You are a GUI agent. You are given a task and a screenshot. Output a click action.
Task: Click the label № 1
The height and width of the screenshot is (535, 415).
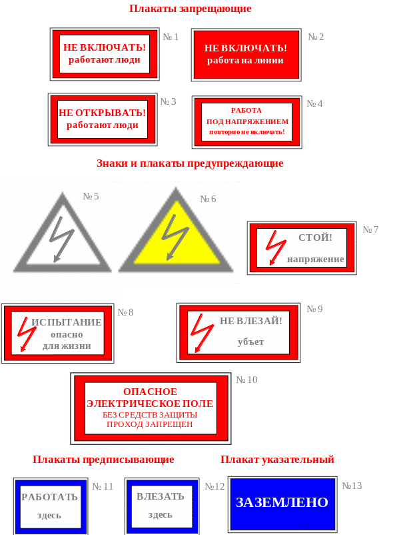[171, 37]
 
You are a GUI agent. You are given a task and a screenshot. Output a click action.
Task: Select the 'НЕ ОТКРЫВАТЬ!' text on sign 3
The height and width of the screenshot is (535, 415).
[102, 113]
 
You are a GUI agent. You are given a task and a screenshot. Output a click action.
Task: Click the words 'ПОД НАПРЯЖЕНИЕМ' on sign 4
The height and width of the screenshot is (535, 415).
[247, 121]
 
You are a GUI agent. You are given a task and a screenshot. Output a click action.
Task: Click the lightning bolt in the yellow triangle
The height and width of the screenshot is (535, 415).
[175, 236]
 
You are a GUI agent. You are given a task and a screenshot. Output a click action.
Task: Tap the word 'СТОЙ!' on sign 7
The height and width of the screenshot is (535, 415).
[315, 237]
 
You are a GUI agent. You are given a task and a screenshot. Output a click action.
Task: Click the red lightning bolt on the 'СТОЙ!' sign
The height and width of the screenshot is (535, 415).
[275, 247]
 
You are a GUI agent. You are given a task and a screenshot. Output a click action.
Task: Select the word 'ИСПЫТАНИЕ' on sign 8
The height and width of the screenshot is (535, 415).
[67, 322]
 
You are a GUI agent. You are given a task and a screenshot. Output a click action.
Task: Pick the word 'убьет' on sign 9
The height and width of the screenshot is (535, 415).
[250, 342]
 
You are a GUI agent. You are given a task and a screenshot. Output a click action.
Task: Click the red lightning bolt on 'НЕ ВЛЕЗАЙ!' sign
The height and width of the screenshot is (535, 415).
[201, 332]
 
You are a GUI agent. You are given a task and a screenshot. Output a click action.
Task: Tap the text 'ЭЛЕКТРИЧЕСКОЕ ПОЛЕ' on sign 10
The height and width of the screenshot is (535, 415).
[150, 404]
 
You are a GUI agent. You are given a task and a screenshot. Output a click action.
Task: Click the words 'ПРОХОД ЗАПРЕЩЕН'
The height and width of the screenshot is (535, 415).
[150, 424]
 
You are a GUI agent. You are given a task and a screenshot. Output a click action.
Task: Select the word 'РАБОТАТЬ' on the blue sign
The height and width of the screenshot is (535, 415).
[50, 497]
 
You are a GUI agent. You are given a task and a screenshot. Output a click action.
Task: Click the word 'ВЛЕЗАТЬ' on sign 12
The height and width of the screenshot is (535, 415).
[161, 496]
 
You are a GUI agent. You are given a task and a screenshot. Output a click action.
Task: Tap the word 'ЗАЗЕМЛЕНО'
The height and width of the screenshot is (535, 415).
[282, 502]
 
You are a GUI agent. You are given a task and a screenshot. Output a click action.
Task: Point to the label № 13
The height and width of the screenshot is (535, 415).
[352, 486]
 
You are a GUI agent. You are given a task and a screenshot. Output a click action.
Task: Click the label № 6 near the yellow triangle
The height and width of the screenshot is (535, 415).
[208, 199]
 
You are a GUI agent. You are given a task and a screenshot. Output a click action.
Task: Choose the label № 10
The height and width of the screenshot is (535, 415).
[246, 380]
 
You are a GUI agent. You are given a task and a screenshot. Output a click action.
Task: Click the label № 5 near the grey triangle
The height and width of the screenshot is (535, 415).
[91, 196]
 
